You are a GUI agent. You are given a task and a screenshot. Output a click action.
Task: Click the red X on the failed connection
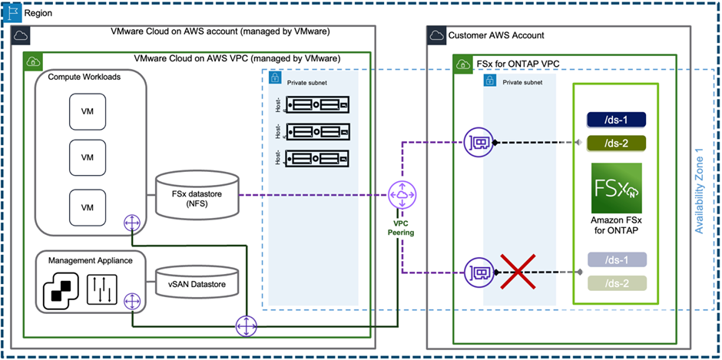click(518, 272)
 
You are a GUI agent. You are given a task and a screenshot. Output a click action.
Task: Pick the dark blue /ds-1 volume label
click(616, 119)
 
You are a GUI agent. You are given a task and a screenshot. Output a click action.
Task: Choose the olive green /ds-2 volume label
click(616, 143)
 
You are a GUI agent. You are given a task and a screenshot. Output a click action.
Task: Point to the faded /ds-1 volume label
click(616, 259)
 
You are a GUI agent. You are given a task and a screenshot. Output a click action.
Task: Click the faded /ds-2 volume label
click(616, 283)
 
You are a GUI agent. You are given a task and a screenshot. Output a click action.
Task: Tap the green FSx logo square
click(616, 188)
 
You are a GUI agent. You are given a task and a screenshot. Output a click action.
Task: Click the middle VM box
click(88, 157)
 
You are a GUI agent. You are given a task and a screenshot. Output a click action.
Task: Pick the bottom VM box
click(88, 206)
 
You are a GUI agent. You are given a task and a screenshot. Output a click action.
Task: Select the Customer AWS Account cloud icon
click(437, 35)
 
